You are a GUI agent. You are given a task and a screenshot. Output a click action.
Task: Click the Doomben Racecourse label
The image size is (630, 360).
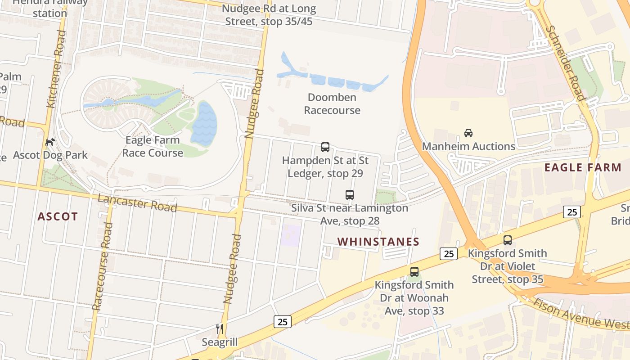(332, 104)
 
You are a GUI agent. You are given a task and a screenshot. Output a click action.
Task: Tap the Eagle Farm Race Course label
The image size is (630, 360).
(153, 147)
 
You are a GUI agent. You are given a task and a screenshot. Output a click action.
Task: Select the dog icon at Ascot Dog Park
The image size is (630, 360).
(50, 142)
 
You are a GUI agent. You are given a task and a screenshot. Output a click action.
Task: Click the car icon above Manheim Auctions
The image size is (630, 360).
(468, 133)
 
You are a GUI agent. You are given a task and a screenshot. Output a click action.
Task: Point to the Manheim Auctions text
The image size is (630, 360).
(468, 147)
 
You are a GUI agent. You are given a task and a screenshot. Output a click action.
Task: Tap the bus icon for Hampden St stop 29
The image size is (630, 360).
(325, 147)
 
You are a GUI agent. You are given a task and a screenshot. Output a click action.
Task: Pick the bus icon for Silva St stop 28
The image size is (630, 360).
(350, 195)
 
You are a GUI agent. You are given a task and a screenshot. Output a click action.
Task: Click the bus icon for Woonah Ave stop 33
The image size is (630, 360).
(414, 272)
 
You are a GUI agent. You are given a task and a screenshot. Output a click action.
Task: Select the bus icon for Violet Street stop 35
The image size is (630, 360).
(508, 240)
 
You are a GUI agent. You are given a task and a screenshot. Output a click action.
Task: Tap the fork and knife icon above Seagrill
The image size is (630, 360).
(220, 329)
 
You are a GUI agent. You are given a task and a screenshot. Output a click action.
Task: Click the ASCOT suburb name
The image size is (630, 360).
(58, 217)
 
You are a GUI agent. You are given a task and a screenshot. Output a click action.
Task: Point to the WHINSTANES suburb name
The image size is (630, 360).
(378, 242)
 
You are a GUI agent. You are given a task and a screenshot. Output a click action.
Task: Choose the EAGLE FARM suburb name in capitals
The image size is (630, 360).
(583, 168)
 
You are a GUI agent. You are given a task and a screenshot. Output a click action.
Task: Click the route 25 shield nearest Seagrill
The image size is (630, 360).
(282, 322)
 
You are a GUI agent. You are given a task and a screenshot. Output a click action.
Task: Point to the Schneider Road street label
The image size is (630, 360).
(565, 63)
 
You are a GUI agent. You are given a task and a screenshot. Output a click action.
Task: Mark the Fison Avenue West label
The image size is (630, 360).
(580, 314)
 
